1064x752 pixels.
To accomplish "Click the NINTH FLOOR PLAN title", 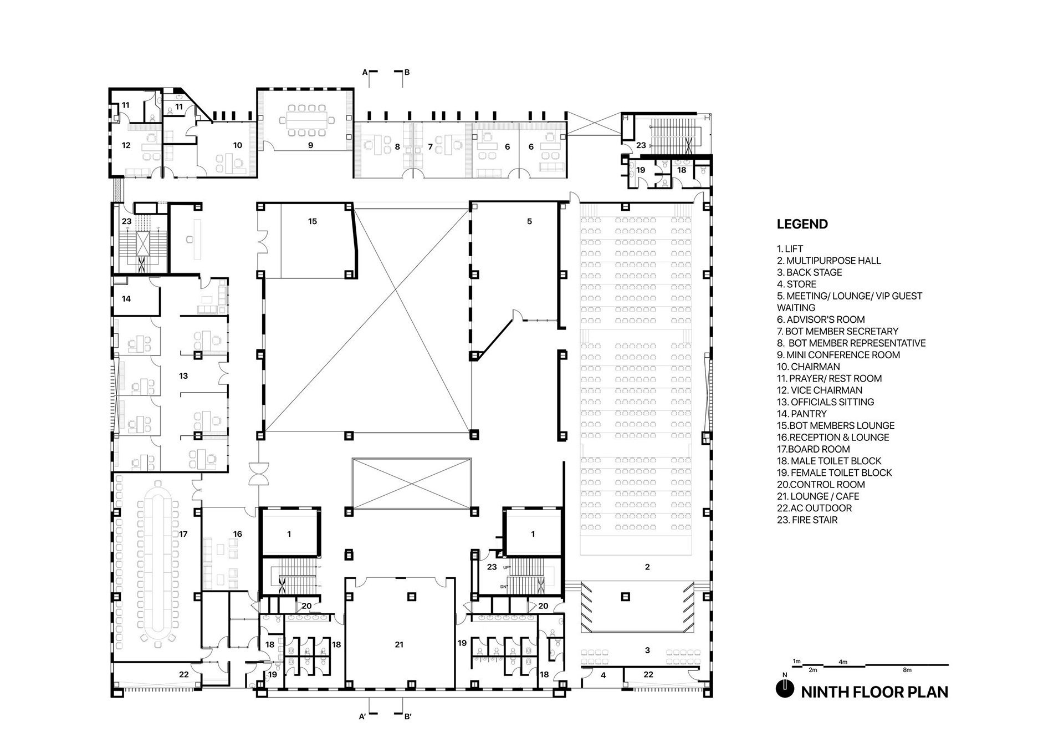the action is click(874, 692).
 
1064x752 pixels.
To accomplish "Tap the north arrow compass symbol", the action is click(785, 688).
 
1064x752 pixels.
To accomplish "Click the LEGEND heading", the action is click(802, 224).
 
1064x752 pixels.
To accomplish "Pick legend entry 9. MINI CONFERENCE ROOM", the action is click(838, 355).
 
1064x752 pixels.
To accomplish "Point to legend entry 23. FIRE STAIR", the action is click(807, 520).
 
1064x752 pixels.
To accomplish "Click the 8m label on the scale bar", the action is click(907, 670).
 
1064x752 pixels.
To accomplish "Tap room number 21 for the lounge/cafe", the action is click(399, 644).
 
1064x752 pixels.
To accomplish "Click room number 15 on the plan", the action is click(313, 221).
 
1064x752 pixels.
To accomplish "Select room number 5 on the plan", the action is click(529, 221).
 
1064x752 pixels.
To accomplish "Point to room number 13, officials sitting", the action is click(183, 376).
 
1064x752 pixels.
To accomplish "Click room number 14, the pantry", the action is click(126, 299).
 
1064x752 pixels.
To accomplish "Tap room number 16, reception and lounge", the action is click(238, 534).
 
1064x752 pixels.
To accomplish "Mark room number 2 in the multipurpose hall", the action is click(647, 567).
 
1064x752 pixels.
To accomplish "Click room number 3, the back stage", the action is click(647, 650).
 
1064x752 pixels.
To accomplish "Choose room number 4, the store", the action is click(603, 675).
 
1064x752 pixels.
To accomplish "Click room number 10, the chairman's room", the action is click(238, 145).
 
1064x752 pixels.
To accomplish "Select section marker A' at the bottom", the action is click(362, 717).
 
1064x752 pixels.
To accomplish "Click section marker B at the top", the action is click(407, 72).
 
